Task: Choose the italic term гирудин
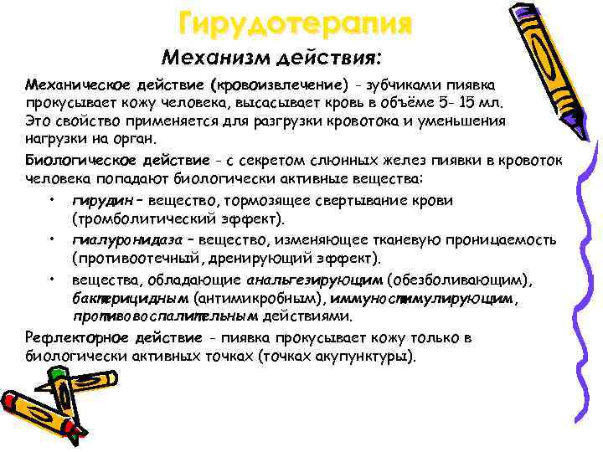pyautogui.click(x=100, y=201)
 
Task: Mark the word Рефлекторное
pyautogui.click(x=71, y=337)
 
